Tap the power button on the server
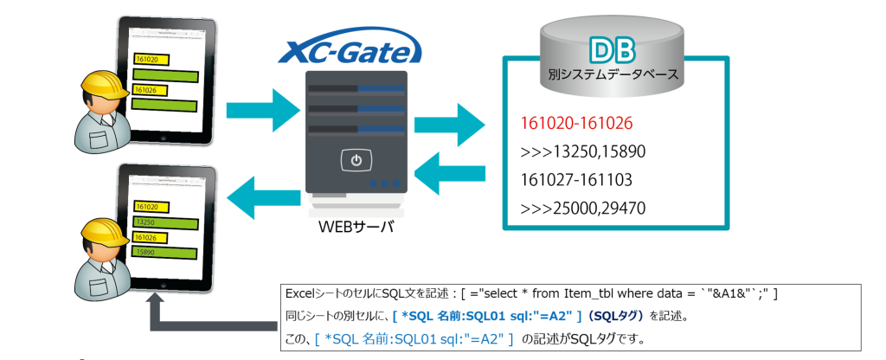pos(356,160)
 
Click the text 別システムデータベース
pos(613,75)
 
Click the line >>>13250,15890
pos(583,151)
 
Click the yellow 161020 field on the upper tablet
pos(151,60)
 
